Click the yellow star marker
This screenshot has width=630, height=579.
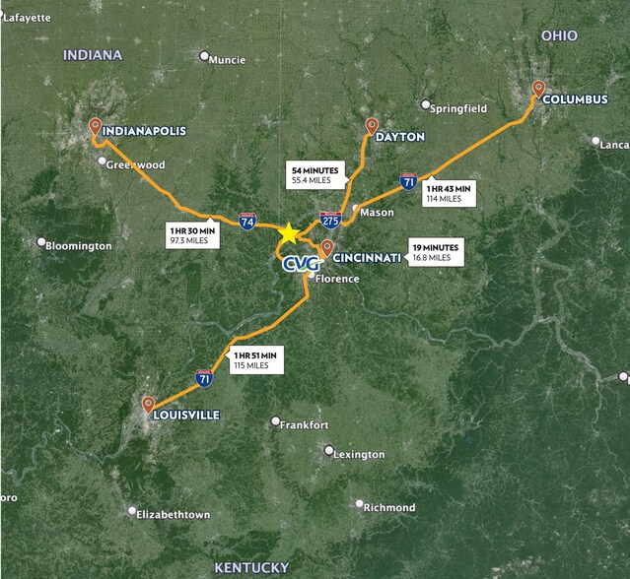pyautogui.click(x=288, y=233)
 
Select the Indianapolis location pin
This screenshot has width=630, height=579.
pyautogui.click(x=96, y=126)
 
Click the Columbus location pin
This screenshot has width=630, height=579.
pyautogui.click(x=538, y=89)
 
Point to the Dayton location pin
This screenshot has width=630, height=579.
pyautogui.click(x=372, y=126)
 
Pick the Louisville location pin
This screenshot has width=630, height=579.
pyautogui.click(x=148, y=404)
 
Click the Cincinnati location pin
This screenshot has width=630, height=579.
pyautogui.click(x=325, y=249)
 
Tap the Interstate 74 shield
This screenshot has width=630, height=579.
pyautogui.click(x=246, y=223)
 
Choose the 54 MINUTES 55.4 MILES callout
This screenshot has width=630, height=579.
pyautogui.click(x=315, y=175)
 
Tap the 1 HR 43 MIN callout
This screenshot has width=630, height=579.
pyautogui.click(x=449, y=193)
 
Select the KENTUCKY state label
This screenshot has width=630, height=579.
pyautogui.click(x=251, y=566)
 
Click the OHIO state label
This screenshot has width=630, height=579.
pyautogui.click(x=559, y=35)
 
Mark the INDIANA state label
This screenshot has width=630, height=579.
pyautogui.click(x=93, y=55)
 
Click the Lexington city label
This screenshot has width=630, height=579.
pyautogui.click(x=358, y=454)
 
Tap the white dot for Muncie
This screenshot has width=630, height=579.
pyautogui.click(x=205, y=56)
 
